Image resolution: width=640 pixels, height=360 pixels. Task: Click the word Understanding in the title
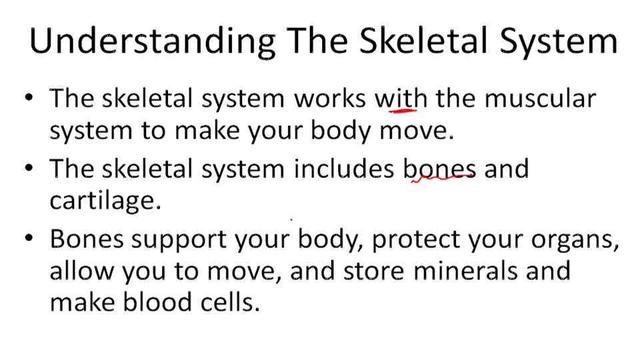152,41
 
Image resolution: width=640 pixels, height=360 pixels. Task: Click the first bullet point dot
27,99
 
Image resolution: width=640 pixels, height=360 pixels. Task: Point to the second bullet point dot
27,169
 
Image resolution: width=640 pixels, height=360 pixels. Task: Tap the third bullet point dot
27,239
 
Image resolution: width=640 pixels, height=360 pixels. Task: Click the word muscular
540,99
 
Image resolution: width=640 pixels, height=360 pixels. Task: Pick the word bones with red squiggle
439,169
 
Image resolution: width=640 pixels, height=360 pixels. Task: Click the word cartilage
105,201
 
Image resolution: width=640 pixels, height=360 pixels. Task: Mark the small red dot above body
291,219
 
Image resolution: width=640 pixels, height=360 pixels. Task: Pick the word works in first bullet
330,99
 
